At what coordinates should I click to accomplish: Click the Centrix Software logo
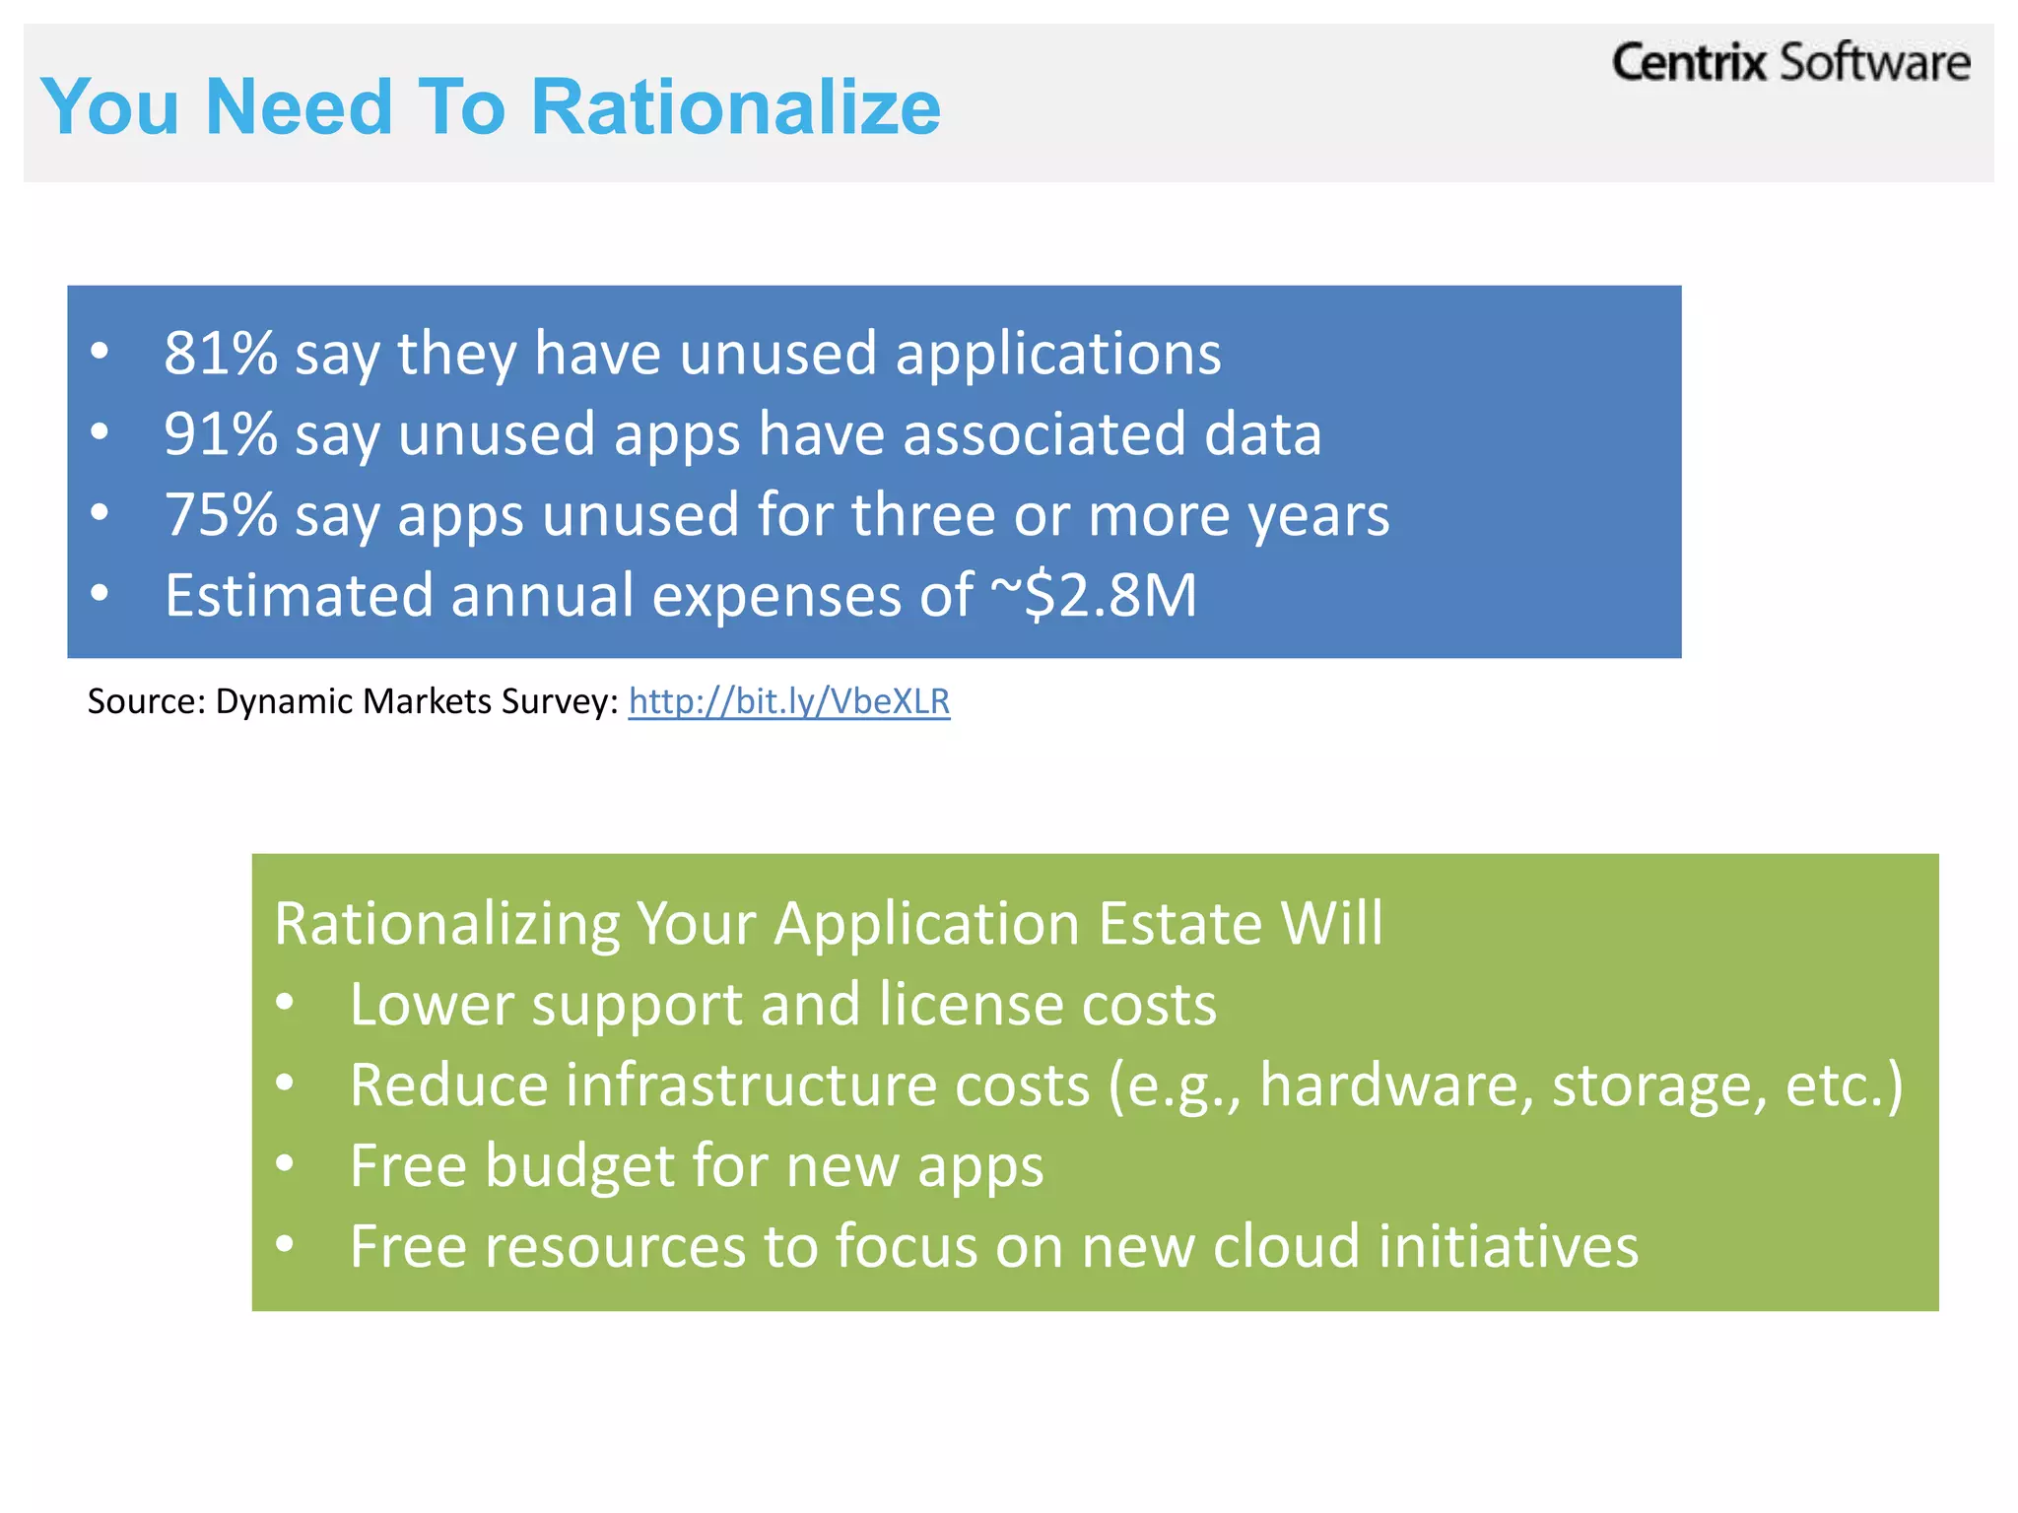pyautogui.click(x=1790, y=63)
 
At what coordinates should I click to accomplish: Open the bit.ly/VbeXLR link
pyautogui.click(x=788, y=701)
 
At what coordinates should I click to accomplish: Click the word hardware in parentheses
pyautogui.click(x=1396, y=1085)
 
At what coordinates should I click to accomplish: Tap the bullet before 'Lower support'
pyautogui.click(x=285, y=1004)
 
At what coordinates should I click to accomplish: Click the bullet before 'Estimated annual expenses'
pyautogui.click(x=100, y=594)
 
